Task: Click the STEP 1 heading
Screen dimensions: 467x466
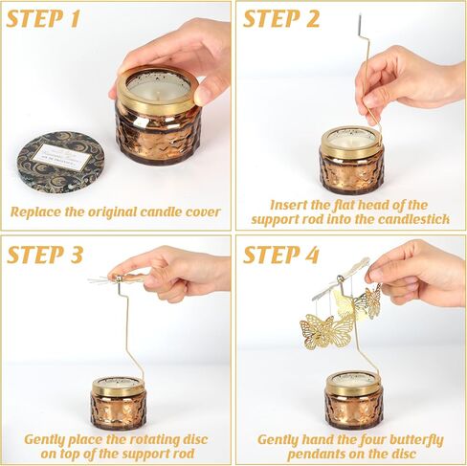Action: [x=44, y=19]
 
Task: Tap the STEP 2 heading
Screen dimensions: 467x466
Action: [x=281, y=19]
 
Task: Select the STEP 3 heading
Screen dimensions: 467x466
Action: [x=45, y=255]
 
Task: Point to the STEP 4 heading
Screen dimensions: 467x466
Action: [x=281, y=255]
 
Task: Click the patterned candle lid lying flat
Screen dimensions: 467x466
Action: [x=60, y=160]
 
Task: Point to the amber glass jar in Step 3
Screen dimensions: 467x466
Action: [x=119, y=403]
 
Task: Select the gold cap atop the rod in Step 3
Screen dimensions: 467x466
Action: [x=119, y=279]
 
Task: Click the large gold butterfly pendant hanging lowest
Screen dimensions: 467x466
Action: [x=317, y=332]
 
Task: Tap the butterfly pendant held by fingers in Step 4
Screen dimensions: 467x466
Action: [x=372, y=301]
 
